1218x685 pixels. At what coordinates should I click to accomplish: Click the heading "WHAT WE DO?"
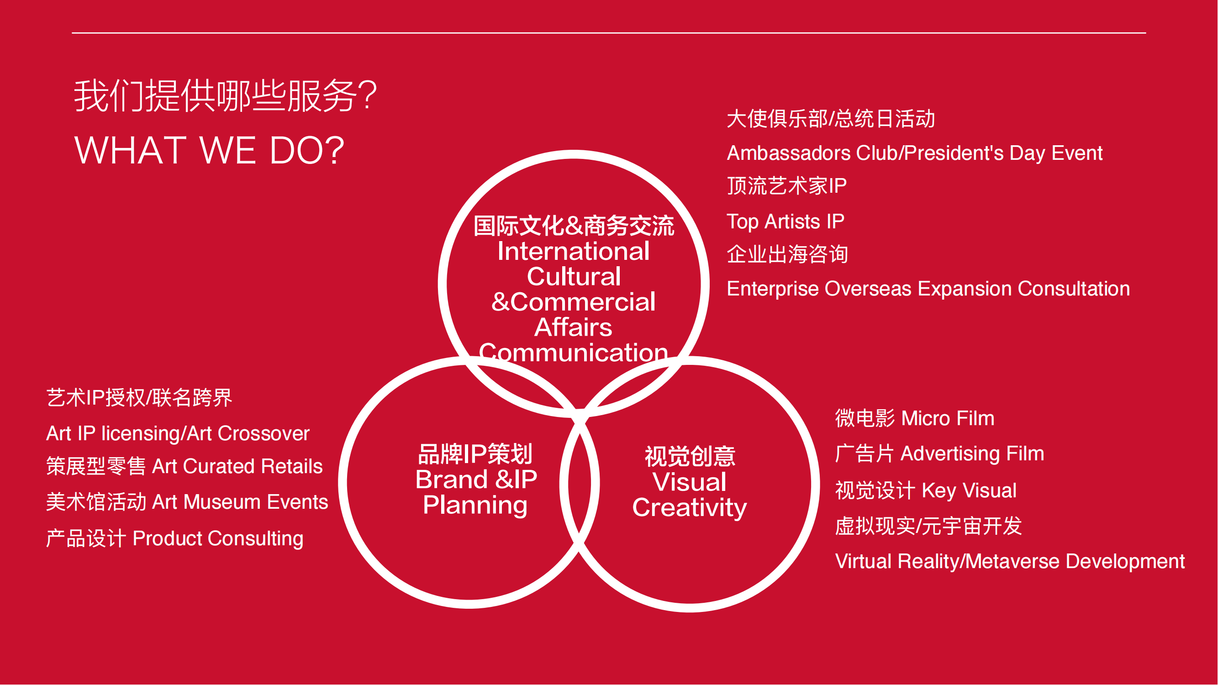click(x=209, y=150)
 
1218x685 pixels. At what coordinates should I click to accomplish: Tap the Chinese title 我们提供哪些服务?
click(x=225, y=95)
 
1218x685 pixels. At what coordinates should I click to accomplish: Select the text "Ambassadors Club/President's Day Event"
click(x=914, y=153)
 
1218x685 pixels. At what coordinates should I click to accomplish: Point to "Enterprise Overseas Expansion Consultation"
click(x=928, y=289)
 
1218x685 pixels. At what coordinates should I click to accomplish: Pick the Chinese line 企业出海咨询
click(x=787, y=254)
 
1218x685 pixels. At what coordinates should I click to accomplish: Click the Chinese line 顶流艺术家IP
click(x=787, y=186)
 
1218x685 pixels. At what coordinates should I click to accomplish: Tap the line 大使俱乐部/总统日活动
click(x=831, y=119)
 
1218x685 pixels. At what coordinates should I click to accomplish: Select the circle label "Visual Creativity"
click(x=690, y=495)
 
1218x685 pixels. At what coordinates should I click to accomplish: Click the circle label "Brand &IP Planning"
click(x=476, y=493)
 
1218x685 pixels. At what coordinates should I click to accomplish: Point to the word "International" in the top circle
click(x=574, y=251)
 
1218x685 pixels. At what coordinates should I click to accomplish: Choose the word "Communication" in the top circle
click(x=574, y=353)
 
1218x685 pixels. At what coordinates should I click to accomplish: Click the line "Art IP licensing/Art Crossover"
click(x=178, y=433)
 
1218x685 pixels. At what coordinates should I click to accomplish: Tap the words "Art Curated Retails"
click(x=237, y=467)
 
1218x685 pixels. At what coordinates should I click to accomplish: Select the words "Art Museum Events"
click(x=240, y=502)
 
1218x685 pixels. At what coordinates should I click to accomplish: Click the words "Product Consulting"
click(x=218, y=539)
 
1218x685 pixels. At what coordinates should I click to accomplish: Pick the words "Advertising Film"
click(x=972, y=454)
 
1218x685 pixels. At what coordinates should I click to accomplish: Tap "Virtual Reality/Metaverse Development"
click(x=1010, y=562)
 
